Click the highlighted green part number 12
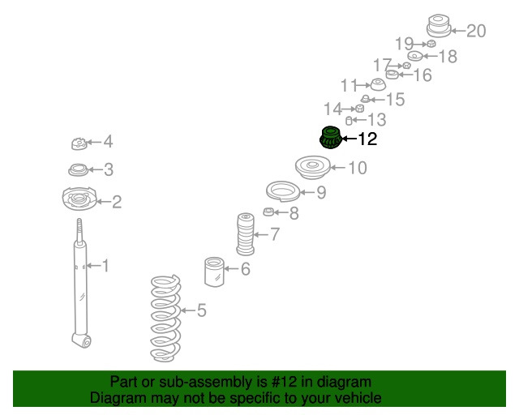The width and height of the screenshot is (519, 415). tap(330, 139)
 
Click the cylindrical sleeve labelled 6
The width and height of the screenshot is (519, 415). tap(215, 271)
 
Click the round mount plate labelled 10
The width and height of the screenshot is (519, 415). tap(311, 169)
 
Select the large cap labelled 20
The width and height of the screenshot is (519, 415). tap(438, 26)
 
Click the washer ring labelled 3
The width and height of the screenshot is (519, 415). tap(78, 170)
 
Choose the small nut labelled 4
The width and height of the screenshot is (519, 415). tap(79, 144)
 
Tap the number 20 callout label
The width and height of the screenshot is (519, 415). tap(476, 32)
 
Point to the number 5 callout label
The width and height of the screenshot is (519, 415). tap(202, 310)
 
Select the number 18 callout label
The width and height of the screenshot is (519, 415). tap(447, 57)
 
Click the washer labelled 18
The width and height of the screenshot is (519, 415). tap(414, 57)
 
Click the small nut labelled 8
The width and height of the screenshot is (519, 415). tap(268, 213)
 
